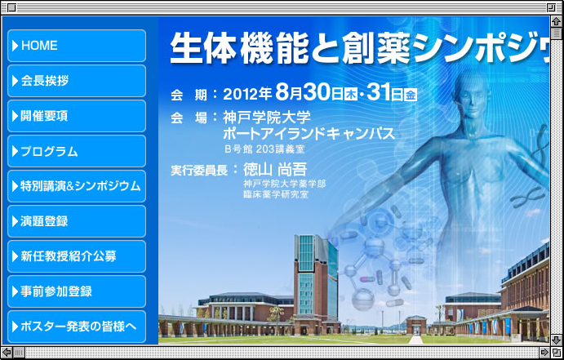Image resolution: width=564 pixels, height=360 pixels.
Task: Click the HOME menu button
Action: pos(77,46)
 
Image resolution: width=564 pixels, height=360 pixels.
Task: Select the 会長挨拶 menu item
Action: pos(77,81)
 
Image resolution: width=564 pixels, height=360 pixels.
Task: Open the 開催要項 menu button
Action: pos(77,116)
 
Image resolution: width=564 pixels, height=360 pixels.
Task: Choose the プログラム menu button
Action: pos(77,151)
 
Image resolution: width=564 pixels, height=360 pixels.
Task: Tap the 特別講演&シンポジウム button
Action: pos(77,186)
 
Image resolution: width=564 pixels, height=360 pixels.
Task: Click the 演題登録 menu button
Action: pos(77,221)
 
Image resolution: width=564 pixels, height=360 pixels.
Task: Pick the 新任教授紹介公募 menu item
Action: pos(77,256)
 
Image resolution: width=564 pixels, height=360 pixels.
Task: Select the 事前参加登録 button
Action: pos(77,291)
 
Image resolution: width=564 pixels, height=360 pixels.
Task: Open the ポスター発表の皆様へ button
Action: pos(77,327)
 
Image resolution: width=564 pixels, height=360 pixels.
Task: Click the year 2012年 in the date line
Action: pos(247,94)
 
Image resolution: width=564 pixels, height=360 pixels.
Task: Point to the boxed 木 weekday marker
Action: pos(351,95)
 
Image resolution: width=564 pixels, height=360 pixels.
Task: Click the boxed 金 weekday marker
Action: pos(411,95)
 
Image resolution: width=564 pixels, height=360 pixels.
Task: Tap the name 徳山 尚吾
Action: pos(275,170)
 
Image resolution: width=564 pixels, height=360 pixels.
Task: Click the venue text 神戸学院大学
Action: pos(267,117)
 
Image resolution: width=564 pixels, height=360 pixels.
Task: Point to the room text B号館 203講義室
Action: pos(264,149)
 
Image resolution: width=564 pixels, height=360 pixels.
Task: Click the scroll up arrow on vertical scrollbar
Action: pos(557,21)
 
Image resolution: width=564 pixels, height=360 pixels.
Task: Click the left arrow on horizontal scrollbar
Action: pos(7,353)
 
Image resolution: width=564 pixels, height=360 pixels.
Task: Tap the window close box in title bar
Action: pos(11,7)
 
